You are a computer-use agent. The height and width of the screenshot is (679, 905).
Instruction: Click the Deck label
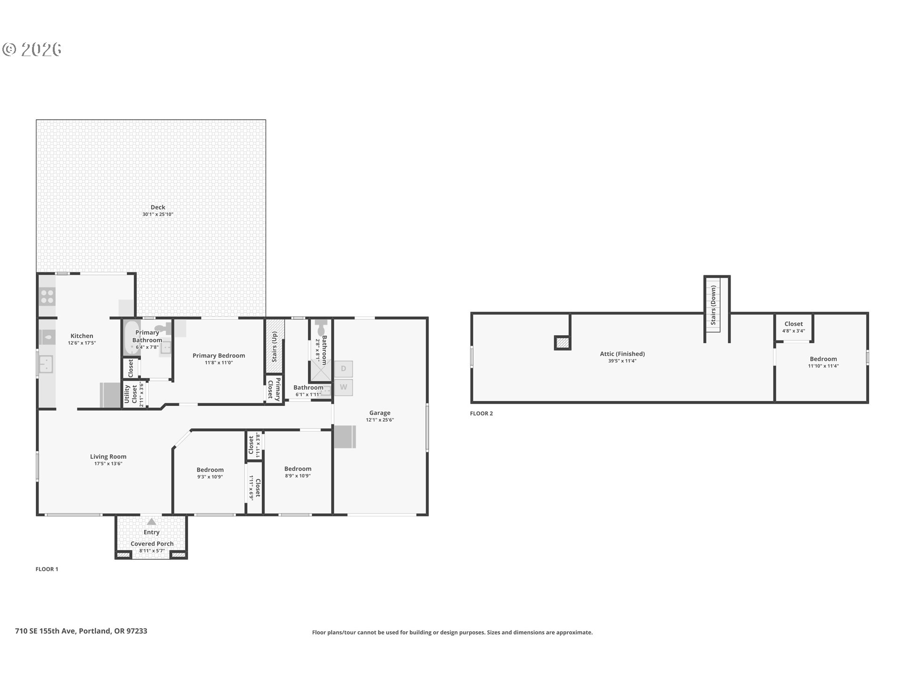[158, 207]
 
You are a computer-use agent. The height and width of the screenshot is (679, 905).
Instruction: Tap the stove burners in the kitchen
[47, 297]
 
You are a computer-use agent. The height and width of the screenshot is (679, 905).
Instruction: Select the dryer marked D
[343, 369]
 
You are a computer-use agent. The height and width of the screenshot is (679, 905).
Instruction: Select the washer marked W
[343, 387]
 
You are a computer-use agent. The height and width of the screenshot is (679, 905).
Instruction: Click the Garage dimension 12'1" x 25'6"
[379, 420]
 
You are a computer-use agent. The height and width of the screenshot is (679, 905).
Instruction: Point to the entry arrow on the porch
[151, 522]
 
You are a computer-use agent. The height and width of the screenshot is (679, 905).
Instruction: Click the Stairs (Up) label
[274, 347]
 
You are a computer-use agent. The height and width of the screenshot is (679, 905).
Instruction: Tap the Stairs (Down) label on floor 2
[713, 305]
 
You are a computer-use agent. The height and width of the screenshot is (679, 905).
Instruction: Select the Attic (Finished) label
[622, 354]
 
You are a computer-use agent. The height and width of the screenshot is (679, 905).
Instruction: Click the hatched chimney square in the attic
[562, 343]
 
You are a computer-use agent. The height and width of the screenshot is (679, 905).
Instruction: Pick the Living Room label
[108, 456]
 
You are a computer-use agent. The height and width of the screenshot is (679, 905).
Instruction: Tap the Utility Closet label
[131, 394]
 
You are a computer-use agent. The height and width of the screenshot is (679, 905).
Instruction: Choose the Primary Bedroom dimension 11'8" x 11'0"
[219, 363]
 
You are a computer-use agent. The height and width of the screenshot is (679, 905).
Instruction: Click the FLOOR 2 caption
[481, 414]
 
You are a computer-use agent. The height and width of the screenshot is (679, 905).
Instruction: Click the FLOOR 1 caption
[47, 569]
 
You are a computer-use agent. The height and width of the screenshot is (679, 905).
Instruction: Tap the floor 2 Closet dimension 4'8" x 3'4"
[793, 331]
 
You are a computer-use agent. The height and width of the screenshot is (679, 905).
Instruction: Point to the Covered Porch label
[152, 544]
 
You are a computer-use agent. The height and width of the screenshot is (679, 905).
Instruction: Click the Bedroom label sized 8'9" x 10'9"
[297, 469]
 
